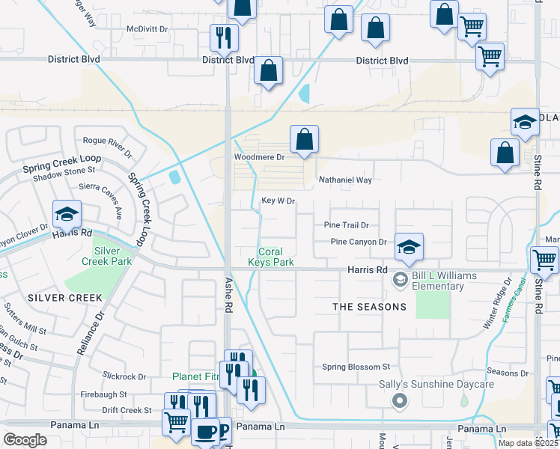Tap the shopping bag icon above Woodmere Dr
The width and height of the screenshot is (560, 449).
[304, 140]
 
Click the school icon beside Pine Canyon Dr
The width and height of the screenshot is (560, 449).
[409, 247]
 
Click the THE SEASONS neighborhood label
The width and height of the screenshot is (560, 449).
[369, 307]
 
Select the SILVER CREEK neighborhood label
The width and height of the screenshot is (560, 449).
[54, 298]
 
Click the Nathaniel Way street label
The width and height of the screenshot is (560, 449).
[345, 180]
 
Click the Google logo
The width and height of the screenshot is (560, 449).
[25, 440]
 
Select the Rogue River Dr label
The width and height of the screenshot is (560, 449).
[108, 145]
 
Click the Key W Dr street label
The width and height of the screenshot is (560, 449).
[279, 201]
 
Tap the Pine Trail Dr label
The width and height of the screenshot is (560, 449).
[347, 224]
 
